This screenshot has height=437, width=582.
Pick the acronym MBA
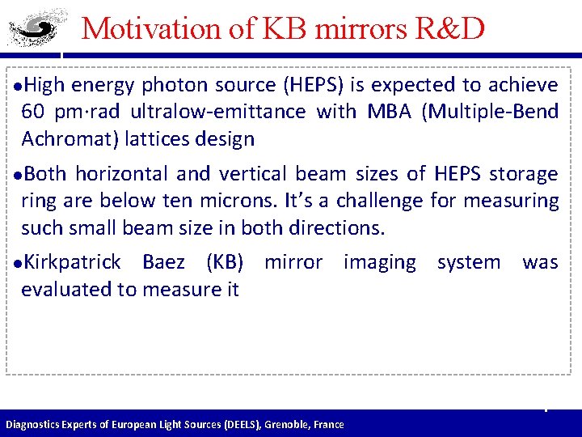(389, 112)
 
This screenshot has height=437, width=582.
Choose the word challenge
(386, 200)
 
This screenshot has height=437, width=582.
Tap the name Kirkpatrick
(74, 262)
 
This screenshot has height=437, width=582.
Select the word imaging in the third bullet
(380, 262)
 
